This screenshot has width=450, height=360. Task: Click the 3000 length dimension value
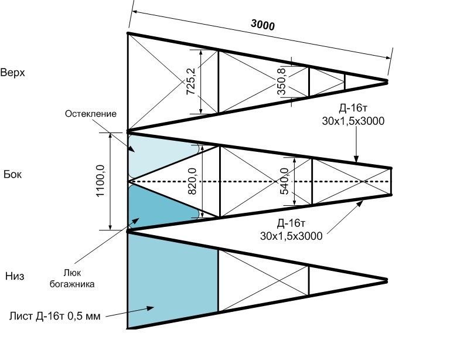coord(262,25)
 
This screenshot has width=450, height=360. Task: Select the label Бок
coord(12,174)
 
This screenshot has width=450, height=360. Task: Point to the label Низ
coord(14,276)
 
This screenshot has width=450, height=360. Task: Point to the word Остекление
coord(91,114)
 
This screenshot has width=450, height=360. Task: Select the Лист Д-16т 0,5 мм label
coord(55,317)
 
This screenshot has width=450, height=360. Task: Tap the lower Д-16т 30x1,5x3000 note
coord(291,229)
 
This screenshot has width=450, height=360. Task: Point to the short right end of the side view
coord(391,181)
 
